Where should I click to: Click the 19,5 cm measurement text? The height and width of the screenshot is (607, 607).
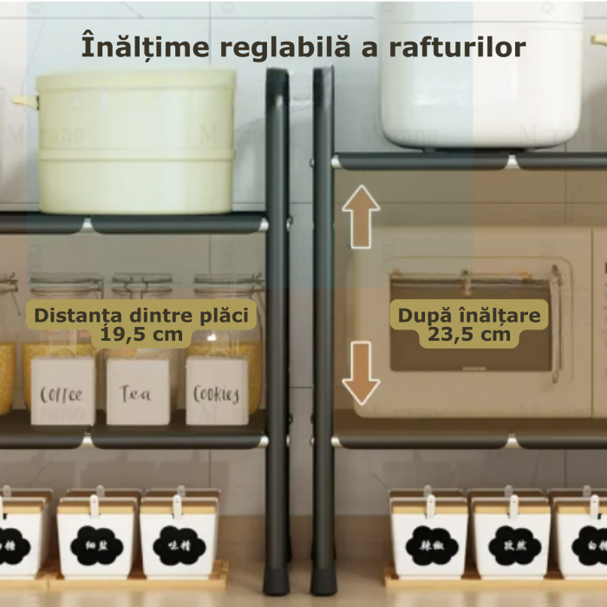(x=142, y=334)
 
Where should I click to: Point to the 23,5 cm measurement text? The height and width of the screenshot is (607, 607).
(x=470, y=335)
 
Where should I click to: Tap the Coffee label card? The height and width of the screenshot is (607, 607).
(x=62, y=394)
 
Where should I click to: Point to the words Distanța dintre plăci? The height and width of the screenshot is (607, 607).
(x=142, y=315)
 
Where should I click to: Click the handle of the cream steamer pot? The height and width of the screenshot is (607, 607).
(x=25, y=101)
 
